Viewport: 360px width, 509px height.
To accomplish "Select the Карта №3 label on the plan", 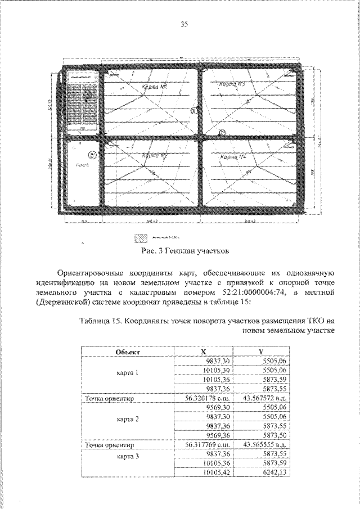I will pos(231,84).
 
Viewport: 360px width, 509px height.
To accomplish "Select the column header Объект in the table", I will pos(128,352).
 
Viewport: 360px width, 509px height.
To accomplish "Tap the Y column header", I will pos(260,352).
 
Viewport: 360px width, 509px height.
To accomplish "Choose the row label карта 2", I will pos(128,420).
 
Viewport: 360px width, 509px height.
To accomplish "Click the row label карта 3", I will pos(128,456).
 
